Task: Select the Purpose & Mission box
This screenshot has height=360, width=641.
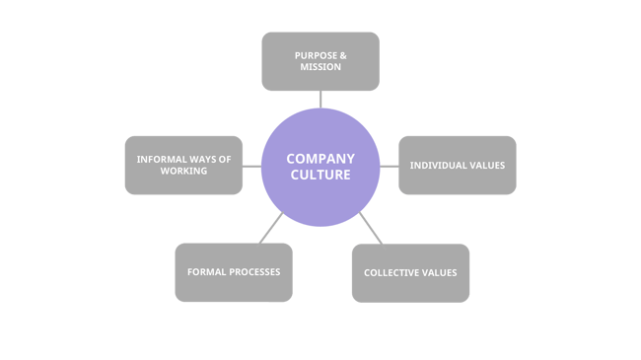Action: [x=320, y=61]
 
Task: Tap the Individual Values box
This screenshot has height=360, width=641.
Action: [x=457, y=165]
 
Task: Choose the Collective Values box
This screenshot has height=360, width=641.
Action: [x=410, y=272]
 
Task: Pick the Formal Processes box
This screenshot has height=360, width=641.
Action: [x=234, y=272]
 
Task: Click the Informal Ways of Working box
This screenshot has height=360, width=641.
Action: [x=183, y=165]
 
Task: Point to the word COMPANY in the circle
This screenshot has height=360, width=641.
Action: [x=320, y=158]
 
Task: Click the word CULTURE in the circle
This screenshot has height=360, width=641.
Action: [x=320, y=175]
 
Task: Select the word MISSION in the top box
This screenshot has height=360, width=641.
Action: [x=320, y=67]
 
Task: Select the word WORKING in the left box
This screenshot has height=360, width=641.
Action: [x=183, y=171]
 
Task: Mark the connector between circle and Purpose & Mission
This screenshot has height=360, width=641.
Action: [x=320, y=99]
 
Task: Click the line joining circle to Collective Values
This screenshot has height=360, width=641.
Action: [x=371, y=228]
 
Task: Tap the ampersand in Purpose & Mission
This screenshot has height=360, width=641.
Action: [x=342, y=54]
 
